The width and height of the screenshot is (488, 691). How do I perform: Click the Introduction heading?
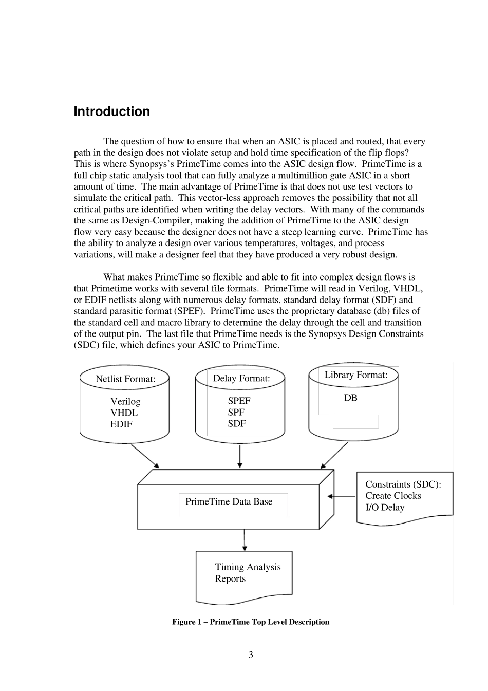(112, 112)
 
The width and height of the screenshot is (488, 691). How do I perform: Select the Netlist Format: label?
(125, 379)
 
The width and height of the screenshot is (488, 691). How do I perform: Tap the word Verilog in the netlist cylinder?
(125, 401)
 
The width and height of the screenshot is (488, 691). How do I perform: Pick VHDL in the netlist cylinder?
(124, 413)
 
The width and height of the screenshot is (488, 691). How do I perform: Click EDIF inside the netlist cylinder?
(121, 424)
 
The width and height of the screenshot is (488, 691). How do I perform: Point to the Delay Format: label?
(241, 379)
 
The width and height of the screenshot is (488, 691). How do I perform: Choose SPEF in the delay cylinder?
(239, 401)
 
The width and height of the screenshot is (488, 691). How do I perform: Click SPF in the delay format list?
(236, 412)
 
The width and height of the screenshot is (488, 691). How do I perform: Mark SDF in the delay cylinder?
(237, 423)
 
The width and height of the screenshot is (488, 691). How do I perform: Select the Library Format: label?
(356, 375)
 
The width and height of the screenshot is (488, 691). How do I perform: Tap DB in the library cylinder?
(351, 398)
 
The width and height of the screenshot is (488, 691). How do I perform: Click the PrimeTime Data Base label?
(229, 501)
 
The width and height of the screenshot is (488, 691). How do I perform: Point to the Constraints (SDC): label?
(403, 484)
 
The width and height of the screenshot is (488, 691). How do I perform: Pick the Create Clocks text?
(393, 496)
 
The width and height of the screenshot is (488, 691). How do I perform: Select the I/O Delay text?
(385, 508)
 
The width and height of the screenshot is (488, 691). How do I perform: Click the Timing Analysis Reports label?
(248, 573)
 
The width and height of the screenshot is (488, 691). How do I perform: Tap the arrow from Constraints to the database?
(342, 496)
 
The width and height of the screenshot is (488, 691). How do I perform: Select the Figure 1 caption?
(251, 622)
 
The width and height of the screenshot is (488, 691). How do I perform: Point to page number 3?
(251, 655)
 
